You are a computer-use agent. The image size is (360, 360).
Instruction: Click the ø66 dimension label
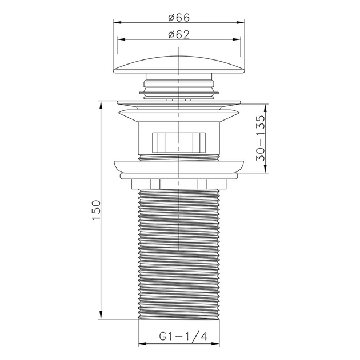coord(179,18)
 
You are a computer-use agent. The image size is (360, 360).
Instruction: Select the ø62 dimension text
coord(179,34)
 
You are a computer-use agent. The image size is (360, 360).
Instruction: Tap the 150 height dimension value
coord(96,210)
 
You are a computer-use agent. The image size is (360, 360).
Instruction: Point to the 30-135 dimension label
coord(261,138)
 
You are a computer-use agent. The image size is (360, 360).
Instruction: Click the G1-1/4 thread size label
coord(183,337)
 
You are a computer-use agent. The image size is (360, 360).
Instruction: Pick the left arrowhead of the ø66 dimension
coord(117,22)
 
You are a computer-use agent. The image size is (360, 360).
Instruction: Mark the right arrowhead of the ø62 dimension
coord(237,39)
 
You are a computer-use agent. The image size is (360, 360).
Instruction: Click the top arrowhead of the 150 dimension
coord(101,105)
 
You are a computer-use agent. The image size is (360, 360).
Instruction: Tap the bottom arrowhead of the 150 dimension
coord(101,315)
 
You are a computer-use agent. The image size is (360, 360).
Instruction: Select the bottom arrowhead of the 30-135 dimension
coord(265,169)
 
